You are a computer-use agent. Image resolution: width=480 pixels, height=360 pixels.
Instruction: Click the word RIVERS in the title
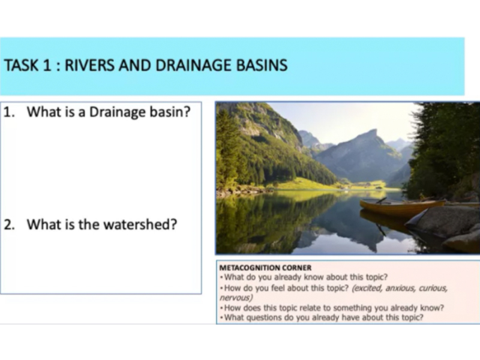pos(89,65)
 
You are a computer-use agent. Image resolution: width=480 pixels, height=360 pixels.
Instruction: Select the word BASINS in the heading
pos(262,65)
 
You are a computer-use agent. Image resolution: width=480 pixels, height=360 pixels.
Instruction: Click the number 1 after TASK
pos(47,65)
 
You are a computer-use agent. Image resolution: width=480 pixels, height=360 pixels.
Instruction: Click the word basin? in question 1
pos(170,112)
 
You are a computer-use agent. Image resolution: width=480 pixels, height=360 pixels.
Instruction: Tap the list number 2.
pos(9,224)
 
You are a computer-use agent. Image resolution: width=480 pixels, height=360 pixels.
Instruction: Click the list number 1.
pos(8,112)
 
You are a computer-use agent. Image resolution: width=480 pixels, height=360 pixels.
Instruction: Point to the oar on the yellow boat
pos(381,200)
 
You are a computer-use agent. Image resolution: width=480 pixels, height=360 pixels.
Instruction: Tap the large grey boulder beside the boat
pos(444,221)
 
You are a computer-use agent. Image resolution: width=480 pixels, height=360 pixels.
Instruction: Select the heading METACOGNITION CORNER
pos(265,268)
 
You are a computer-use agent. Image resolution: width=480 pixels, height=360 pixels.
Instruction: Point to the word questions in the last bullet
pos(263,317)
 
